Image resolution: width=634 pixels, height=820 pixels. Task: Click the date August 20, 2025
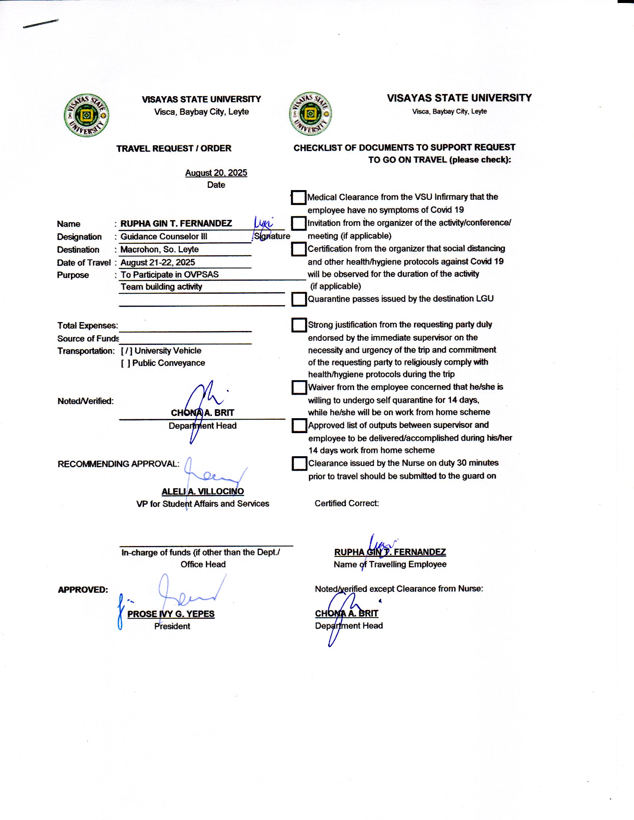[216, 173]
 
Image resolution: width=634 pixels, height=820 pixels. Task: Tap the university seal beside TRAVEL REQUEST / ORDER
[87, 115]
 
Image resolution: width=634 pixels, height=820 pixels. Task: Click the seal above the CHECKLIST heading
[310, 113]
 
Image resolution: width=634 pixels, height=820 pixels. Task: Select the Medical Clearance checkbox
[299, 198]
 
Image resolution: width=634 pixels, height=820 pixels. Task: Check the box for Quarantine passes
[299, 299]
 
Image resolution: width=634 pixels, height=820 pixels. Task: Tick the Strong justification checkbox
[299, 325]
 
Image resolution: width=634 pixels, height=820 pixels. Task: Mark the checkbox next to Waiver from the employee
[299, 388]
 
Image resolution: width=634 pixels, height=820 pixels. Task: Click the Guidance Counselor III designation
[164, 237]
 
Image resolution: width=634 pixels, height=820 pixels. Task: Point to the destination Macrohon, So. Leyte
[160, 249]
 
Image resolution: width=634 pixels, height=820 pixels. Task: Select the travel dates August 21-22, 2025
[158, 262]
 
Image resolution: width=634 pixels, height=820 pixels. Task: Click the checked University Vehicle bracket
[126, 351]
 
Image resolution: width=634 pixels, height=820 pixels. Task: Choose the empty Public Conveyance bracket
[125, 363]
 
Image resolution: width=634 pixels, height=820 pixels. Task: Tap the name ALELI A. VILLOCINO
[203, 492]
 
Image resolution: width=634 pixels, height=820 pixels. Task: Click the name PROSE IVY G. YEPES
[171, 614]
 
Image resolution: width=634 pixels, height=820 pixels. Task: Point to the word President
[172, 626]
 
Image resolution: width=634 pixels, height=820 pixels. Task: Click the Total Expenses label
[88, 325]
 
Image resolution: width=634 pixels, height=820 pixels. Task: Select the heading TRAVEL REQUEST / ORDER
[174, 148]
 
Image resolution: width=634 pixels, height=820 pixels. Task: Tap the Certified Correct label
[347, 504]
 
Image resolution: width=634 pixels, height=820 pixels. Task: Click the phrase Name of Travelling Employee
[390, 564]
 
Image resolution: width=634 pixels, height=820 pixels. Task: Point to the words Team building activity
[161, 287]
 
